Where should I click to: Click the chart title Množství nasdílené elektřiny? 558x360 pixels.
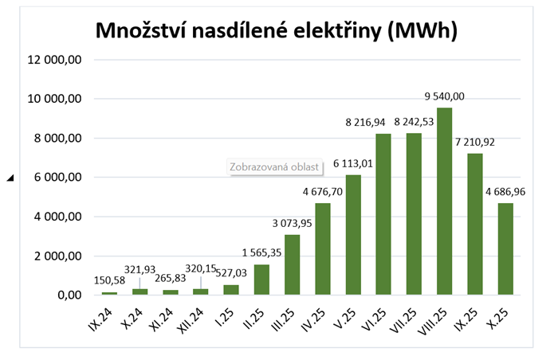click(276, 31)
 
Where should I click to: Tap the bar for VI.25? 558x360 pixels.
click(383, 214)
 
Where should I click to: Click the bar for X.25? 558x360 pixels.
click(505, 249)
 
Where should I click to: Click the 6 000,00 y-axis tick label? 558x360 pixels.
click(57, 178)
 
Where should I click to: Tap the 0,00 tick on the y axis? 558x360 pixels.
click(67, 295)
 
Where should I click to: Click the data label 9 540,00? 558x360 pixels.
click(444, 96)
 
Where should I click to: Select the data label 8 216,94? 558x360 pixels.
click(383, 122)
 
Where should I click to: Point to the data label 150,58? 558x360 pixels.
click(109, 280)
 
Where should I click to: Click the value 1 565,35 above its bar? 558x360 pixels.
click(261, 252)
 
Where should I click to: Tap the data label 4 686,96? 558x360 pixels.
click(506, 191)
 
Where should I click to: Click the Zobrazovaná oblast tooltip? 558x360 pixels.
click(274, 167)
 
